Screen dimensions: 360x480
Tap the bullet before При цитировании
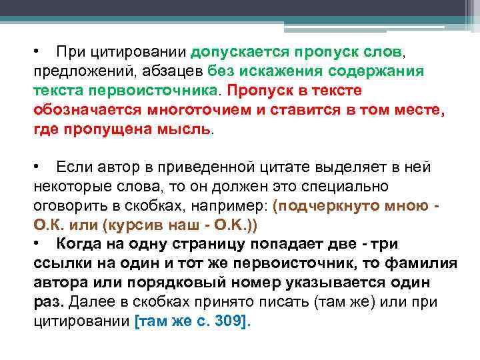tap(40, 51)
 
